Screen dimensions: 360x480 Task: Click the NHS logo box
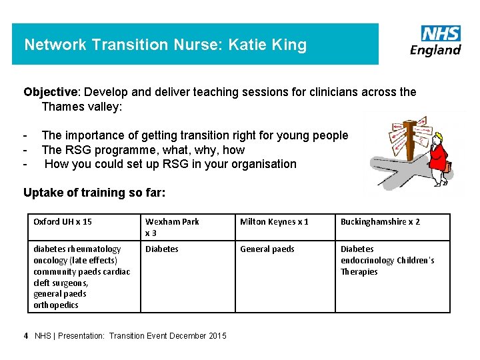pos(441,33)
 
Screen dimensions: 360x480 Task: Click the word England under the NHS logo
pos(435,50)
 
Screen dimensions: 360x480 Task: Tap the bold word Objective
pos(50,92)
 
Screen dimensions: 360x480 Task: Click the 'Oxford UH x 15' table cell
pos(63,221)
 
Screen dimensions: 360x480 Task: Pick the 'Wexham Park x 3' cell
pos(172,227)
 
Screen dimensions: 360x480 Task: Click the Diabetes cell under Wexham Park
pos(162,249)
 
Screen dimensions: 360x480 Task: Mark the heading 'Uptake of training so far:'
pos(94,193)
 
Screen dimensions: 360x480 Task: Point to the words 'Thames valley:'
pos(82,106)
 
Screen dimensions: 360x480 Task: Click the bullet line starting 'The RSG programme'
pos(143,150)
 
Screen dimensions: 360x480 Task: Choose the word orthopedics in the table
pos(56,305)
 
